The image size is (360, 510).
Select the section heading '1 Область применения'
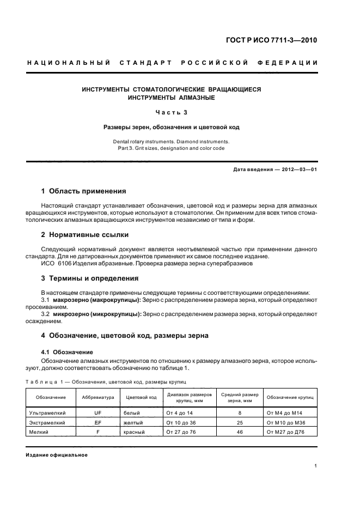[84, 191]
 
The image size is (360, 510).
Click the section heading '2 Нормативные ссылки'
[86, 235]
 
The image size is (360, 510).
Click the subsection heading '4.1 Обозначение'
[67, 351]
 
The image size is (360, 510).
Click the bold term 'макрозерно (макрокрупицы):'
[96, 300]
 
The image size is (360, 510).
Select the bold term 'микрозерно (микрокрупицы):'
[96, 314]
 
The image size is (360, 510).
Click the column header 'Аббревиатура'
[98, 397]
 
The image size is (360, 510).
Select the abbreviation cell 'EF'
[98, 422]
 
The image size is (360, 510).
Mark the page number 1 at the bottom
[316, 466]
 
